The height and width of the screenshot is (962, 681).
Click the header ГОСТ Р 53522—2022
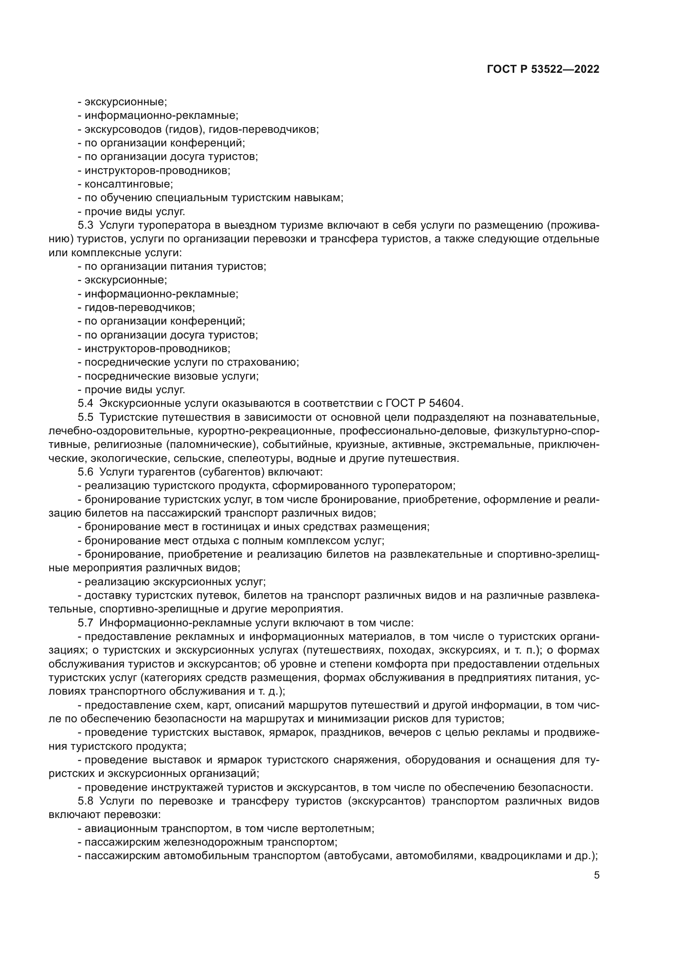click(x=543, y=69)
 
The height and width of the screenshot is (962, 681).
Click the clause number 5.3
click(x=85, y=225)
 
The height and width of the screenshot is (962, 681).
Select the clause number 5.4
click(x=85, y=403)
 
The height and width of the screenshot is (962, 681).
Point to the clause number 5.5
click(x=85, y=417)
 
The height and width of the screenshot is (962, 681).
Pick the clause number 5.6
click(x=85, y=472)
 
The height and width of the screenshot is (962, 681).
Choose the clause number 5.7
click(x=85, y=623)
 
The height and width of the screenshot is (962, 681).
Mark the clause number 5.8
click(x=85, y=801)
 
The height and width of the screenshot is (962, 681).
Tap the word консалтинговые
click(x=128, y=184)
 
